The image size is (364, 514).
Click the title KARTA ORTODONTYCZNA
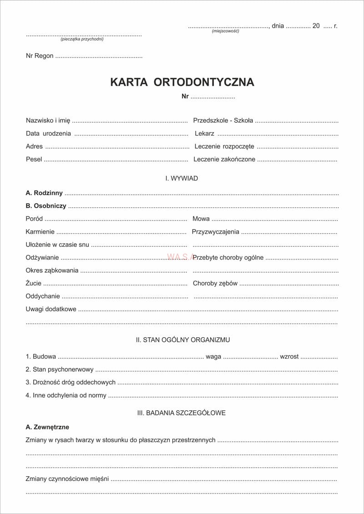(182, 82)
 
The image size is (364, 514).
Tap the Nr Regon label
(40, 56)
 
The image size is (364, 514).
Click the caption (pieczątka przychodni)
(82, 39)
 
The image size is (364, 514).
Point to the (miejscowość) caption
(225, 31)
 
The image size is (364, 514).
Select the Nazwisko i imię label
(48, 120)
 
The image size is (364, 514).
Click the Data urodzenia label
(48, 134)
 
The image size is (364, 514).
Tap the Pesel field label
(34, 160)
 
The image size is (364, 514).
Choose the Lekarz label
(204, 134)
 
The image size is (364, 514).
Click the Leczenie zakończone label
(224, 160)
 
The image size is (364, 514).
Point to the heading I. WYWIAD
(182, 179)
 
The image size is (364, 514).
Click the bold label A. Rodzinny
(44, 193)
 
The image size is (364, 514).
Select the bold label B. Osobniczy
(46, 206)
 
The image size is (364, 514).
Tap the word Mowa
(201, 219)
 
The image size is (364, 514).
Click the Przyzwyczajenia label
(215, 232)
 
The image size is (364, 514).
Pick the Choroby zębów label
(215, 283)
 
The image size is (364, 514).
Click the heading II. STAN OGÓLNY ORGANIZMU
(183, 340)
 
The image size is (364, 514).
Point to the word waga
(213, 357)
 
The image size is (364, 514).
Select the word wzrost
(289, 357)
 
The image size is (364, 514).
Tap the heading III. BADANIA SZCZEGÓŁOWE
(182, 413)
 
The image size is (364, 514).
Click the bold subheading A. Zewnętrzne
(47, 427)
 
